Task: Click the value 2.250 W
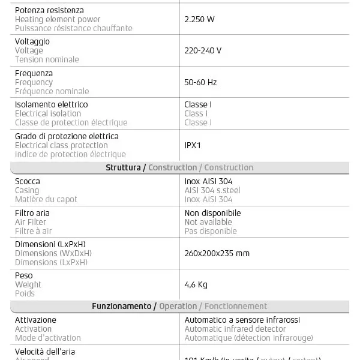pos(199,19)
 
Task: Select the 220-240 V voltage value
pos(203,50)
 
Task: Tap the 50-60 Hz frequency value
pos(200,82)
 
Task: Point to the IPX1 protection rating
pos(193,145)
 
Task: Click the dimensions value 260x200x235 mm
pos(217,253)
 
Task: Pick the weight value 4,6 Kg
pos(196,284)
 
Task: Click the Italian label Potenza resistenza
pos(49,10)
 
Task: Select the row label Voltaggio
pos(32,41)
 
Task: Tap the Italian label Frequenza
pos(34,73)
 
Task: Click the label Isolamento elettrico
pos(51,104)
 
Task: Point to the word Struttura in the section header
pos(123,167)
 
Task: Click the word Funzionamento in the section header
pos(121,306)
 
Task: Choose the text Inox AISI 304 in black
pos(208,181)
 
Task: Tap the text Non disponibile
pos(212,213)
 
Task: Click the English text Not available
pos(208,222)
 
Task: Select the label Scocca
pos(28,181)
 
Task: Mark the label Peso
pos(24,275)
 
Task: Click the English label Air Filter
pos(31,222)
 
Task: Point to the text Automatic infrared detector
pos(235,329)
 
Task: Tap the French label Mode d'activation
pos(47,338)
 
